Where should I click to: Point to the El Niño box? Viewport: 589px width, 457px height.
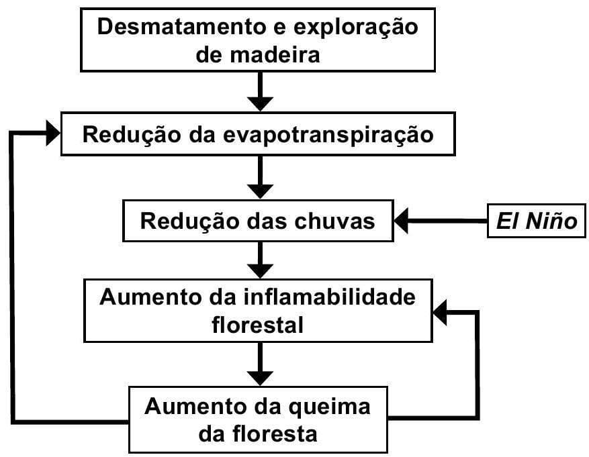[537, 221]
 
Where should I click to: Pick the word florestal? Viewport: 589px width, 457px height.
[258, 325]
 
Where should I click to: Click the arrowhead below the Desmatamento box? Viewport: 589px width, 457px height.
[260, 103]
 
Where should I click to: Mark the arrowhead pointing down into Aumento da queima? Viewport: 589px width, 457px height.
[260, 376]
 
